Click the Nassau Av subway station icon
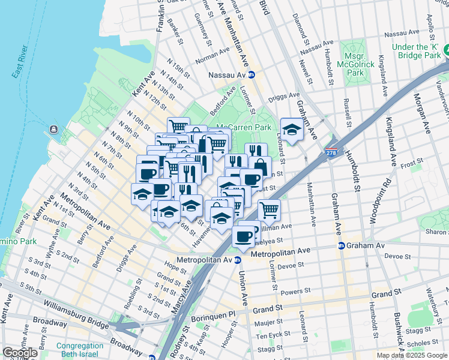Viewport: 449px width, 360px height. coord(252,75)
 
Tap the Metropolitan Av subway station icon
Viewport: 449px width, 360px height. coord(238,260)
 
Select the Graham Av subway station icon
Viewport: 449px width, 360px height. coord(341,245)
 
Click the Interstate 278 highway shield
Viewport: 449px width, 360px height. coord(331,154)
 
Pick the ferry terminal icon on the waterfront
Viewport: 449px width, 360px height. coord(53,129)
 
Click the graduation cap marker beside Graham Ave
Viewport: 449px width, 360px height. coord(292,129)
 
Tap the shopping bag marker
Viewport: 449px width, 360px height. coord(260,166)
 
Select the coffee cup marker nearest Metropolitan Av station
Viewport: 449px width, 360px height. coord(243,236)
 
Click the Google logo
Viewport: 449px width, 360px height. coord(20,353)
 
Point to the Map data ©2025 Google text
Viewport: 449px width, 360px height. coord(412,355)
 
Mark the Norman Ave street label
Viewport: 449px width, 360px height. coord(208,59)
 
